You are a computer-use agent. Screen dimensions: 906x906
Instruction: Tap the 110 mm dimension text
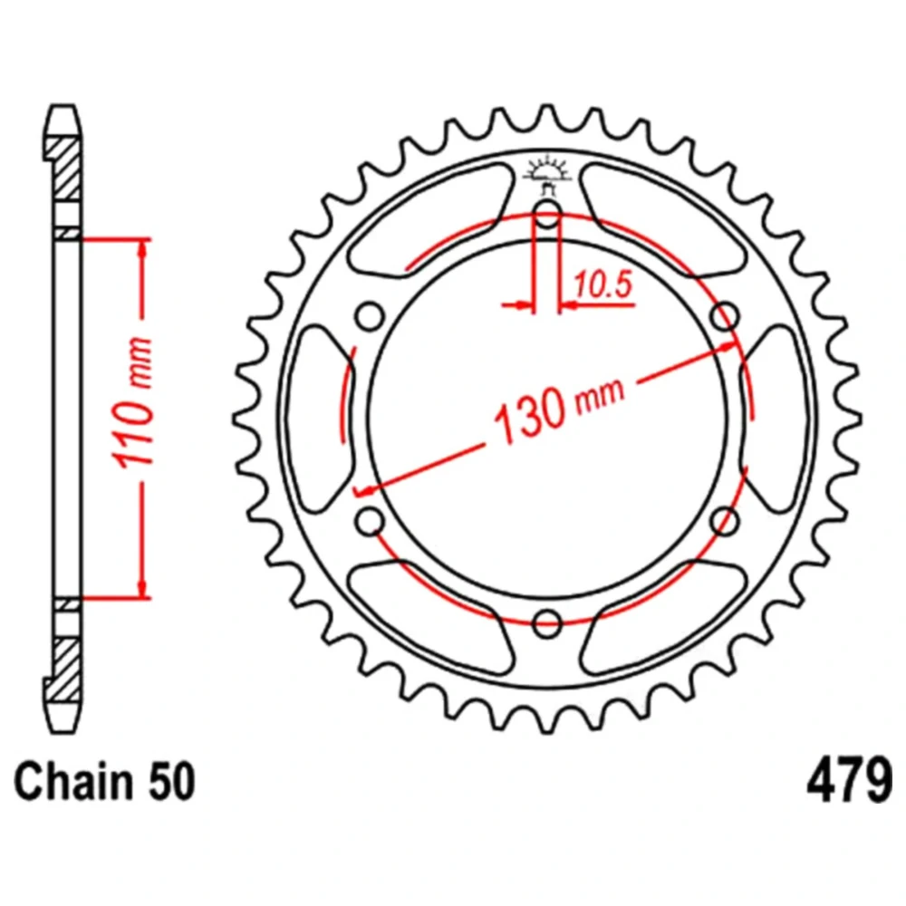coord(134,401)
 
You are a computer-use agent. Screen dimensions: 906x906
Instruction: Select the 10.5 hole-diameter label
coord(602,284)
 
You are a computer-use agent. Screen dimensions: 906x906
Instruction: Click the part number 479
coord(849,781)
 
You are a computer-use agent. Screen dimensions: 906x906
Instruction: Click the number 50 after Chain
coord(171,782)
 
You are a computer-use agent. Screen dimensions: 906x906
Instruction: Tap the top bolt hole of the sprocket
coord(546,215)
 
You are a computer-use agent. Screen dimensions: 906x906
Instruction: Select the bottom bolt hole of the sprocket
coord(546,623)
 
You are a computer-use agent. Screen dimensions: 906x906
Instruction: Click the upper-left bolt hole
coord(370,316)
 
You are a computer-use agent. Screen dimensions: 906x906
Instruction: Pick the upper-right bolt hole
coord(725,316)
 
